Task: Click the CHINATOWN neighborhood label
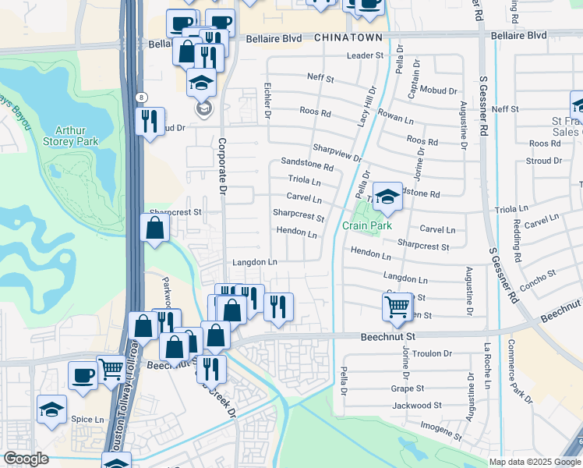coord(348,37)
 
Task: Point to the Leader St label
coord(366,55)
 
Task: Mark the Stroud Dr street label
coord(544,160)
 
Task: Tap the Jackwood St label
coord(417,406)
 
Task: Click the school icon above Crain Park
coord(387,197)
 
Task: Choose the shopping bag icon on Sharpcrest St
coord(155,229)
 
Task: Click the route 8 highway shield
coord(140,97)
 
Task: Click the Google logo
coord(26,459)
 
